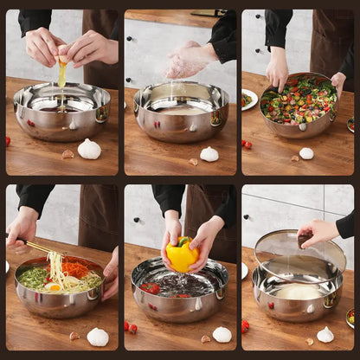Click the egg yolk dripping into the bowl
(62, 74)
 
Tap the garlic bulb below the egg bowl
(89, 149)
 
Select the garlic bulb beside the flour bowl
(209, 154)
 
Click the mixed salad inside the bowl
(299, 100)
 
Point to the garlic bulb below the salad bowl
(306, 153)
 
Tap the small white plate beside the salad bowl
(249, 99)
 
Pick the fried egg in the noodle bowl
(54, 286)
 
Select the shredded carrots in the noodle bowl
(75, 269)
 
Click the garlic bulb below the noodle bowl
(98, 336)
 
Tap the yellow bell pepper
(182, 255)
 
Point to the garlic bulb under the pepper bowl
(222, 334)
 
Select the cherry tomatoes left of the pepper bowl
(130, 328)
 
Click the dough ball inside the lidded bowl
(298, 292)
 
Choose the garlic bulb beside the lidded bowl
(325, 334)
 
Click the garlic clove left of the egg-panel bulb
(67, 154)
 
